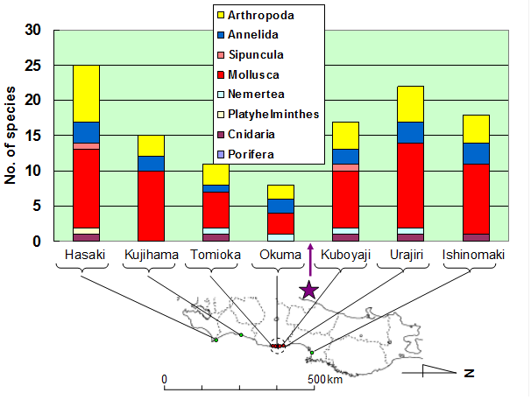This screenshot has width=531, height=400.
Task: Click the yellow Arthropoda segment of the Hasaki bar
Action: pos(86,93)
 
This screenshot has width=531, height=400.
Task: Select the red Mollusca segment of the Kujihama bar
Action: pos(152,206)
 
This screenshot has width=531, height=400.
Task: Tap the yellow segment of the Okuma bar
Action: pos(281,192)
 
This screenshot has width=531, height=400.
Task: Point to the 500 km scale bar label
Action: pos(325,379)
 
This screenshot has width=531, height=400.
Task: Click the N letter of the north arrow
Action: pos(469,372)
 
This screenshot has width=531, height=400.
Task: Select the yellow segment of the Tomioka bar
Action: pos(216,174)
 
